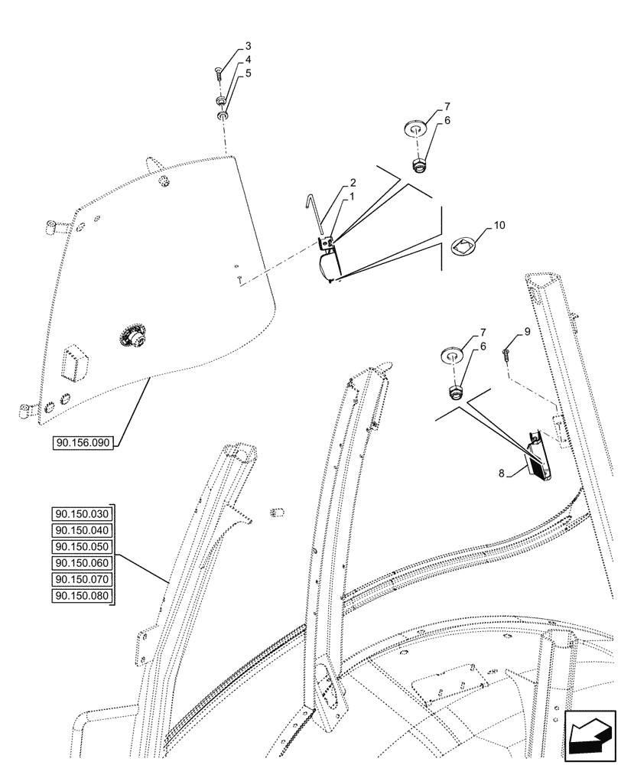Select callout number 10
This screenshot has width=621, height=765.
499,226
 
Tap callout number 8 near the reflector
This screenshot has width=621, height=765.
502,474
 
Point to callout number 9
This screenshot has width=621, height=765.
527,330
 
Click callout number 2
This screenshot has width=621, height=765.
353,184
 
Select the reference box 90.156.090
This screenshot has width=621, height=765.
84,443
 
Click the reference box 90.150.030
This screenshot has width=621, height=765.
83,513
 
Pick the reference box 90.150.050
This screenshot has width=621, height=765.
83,547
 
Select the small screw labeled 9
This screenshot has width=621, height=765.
506,352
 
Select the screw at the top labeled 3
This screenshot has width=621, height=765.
218,73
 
